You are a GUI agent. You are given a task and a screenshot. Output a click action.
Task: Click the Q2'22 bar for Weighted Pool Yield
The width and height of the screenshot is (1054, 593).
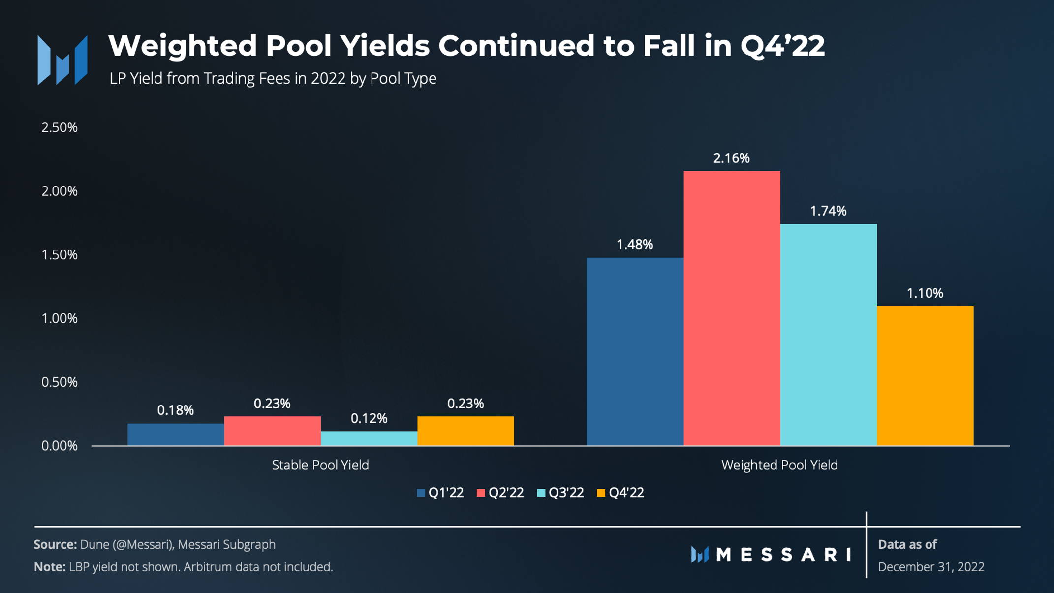tap(732, 308)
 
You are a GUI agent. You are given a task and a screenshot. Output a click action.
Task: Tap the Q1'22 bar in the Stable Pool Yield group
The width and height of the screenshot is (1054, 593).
tap(176, 435)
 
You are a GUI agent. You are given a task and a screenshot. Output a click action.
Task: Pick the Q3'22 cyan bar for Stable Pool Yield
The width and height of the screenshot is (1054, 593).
tap(369, 438)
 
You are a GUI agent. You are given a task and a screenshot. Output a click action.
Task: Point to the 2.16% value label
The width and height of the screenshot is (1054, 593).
tap(732, 158)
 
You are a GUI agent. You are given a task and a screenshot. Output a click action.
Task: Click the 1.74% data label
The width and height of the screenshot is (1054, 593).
tap(828, 211)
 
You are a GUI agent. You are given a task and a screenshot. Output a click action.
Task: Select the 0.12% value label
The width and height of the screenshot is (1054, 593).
tap(369, 418)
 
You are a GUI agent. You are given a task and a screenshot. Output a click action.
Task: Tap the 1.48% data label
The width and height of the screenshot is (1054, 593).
tap(635, 244)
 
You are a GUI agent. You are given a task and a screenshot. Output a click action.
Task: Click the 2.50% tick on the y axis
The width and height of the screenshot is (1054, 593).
tap(60, 127)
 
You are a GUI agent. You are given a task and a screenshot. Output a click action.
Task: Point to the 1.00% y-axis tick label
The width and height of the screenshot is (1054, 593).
tap(60, 318)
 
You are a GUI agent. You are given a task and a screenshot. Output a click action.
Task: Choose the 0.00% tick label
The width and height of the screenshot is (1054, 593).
tap(60, 446)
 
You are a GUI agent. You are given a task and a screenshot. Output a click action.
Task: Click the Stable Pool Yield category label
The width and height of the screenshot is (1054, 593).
tap(320, 465)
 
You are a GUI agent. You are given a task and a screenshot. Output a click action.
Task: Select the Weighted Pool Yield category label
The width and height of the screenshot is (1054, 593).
tap(779, 465)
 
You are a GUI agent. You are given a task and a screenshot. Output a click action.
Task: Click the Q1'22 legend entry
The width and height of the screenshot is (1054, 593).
tap(440, 493)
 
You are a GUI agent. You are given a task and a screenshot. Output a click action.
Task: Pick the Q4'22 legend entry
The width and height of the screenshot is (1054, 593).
tap(620, 493)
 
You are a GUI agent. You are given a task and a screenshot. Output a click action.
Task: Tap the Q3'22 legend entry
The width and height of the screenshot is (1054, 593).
tap(560, 493)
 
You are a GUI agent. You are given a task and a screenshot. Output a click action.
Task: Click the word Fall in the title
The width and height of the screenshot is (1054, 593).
tap(669, 46)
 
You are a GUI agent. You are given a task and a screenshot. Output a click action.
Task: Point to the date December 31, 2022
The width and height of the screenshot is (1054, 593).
tap(931, 567)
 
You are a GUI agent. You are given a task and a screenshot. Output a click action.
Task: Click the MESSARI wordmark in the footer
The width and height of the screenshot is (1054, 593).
tap(782, 555)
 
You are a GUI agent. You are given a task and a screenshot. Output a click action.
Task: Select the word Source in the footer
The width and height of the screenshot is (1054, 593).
tap(55, 544)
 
